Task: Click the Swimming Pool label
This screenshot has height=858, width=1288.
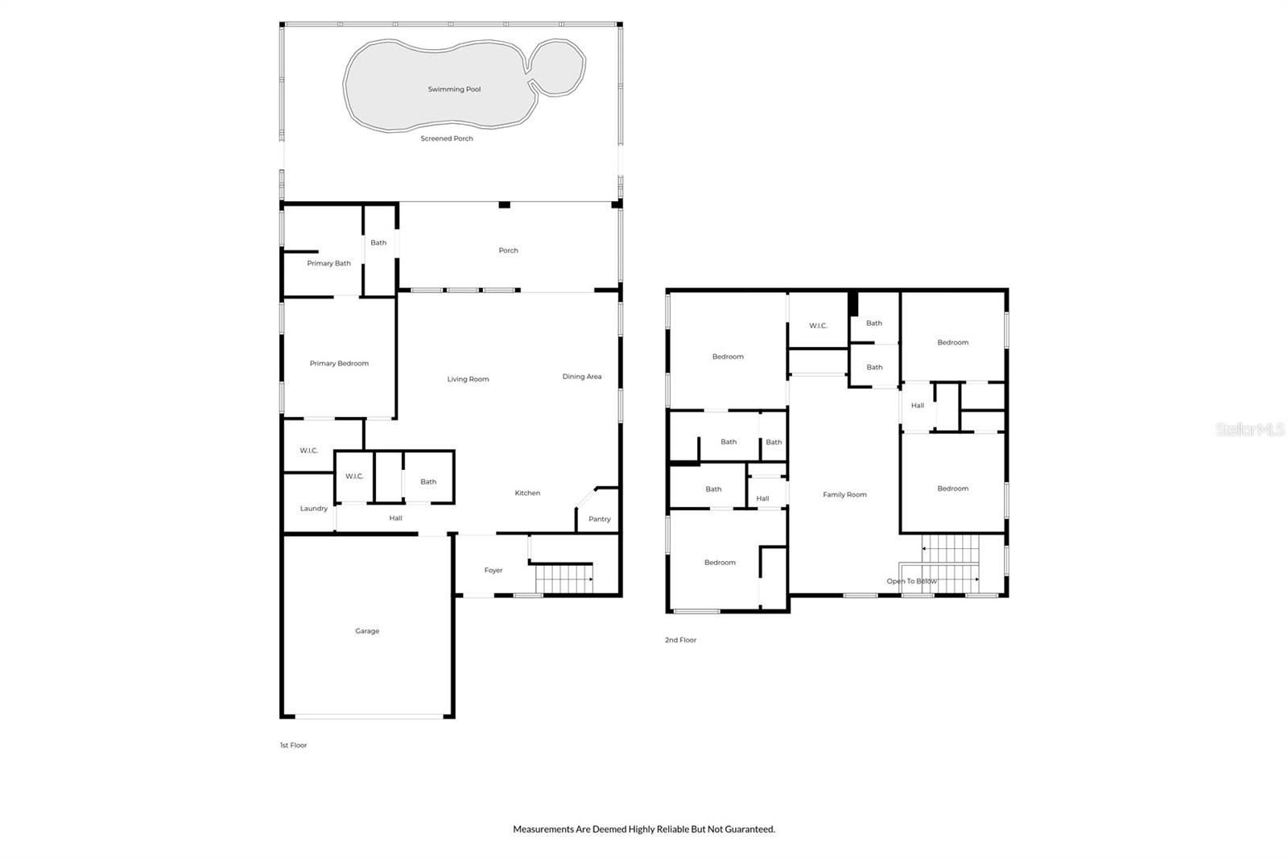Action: coord(454,89)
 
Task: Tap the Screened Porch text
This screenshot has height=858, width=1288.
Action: coord(447,138)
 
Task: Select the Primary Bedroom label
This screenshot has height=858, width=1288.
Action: coord(339,363)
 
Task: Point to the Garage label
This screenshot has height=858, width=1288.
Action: coord(367,631)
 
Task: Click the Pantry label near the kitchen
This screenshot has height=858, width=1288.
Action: coord(599,519)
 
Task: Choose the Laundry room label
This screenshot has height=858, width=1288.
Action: coord(313,509)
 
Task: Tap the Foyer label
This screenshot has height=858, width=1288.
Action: coord(493,570)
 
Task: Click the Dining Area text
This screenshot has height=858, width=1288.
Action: coord(581,377)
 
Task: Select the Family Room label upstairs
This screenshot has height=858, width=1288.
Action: coord(844,495)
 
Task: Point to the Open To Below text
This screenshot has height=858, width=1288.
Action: coord(911,581)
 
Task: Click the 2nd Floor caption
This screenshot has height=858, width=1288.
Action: coord(680,640)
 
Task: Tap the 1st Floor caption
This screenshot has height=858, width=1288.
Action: coord(293,745)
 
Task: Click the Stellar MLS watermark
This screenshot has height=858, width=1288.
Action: coord(1249,430)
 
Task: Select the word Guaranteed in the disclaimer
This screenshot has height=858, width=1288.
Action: coord(749,829)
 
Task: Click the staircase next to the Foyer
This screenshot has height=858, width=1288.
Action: coord(563,579)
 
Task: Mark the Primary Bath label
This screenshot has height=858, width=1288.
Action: coord(328,263)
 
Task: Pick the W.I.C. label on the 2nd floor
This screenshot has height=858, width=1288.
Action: coord(818,326)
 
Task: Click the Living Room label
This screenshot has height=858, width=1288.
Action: coord(468,379)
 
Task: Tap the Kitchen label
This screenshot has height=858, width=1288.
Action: coord(527,493)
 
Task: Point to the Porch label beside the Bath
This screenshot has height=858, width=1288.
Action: coord(508,250)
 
